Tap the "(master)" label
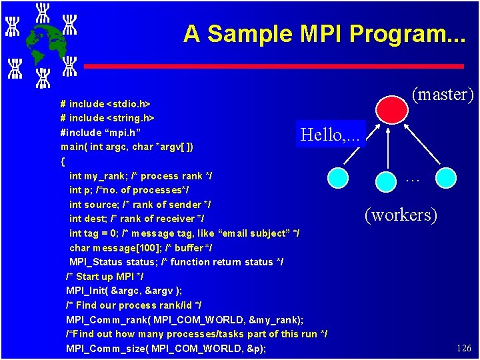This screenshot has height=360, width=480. point(443,95)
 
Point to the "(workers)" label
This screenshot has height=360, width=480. point(401,215)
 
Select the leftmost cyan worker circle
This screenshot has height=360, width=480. point(339,177)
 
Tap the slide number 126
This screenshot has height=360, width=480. point(463,348)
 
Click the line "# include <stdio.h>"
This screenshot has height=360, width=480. point(105,104)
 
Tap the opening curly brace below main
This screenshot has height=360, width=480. point(63,161)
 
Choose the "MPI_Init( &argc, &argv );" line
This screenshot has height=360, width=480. point(124,291)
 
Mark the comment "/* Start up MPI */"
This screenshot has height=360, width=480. point(105,277)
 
